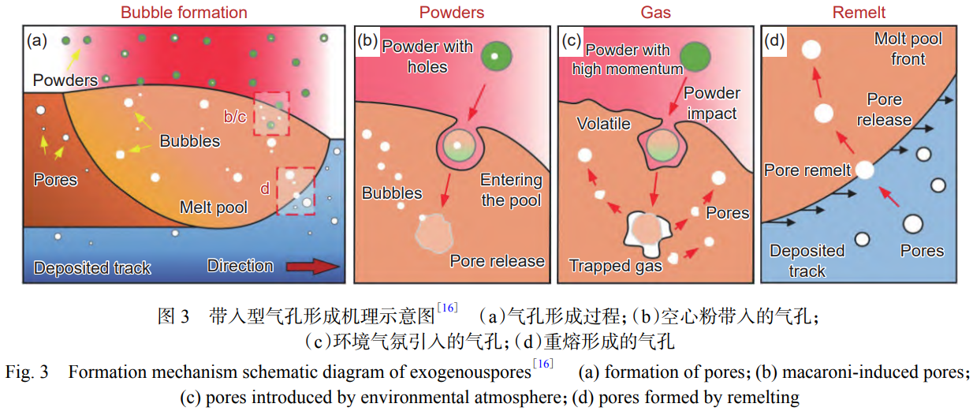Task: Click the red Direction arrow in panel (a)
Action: coord(313,267)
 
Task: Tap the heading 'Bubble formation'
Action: coord(184,12)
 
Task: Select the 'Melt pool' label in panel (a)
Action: coord(214,207)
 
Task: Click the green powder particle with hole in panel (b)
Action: coord(496,56)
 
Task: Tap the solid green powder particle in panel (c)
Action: coord(695,57)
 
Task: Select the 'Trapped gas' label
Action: coord(616,265)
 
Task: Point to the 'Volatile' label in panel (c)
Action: coord(603,124)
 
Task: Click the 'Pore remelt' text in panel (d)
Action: coord(807,170)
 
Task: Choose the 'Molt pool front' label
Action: coord(908,49)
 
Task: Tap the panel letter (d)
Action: coord(774,40)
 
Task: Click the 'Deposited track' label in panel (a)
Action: coord(92,267)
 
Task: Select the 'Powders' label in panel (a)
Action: coord(65,80)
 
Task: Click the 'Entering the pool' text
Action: coord(511,190)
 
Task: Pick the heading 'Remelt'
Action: coord(859,12)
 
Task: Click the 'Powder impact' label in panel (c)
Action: coord(712,103)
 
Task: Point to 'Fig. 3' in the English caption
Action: coord(27,372)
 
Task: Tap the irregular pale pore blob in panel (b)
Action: coord(434,234)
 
